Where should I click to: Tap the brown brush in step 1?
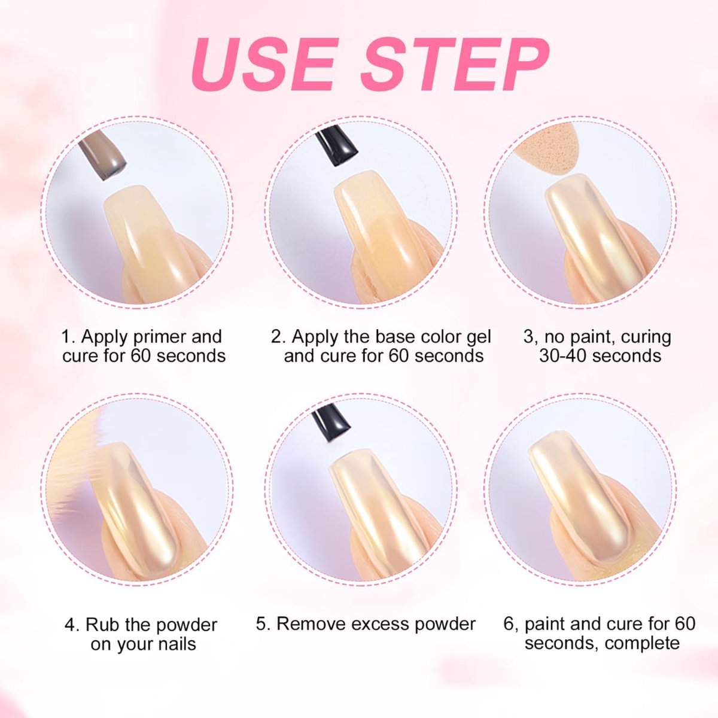pos(103,154)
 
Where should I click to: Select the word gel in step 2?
pos(479,337)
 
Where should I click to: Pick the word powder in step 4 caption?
pos(185,625)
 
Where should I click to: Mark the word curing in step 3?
pos(643,337)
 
